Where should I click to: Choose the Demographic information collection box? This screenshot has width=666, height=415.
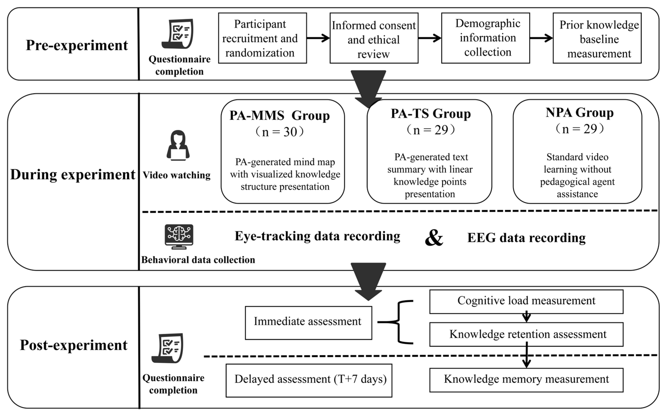[485, 38]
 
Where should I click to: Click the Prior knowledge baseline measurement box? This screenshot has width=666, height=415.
[597, 38]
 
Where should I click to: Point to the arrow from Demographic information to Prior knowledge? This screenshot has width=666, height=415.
[541, 38]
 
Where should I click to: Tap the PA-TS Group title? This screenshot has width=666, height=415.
[431, 114]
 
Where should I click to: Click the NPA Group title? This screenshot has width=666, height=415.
[579, 113]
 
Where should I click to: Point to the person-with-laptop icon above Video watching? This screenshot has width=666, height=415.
[178, 145]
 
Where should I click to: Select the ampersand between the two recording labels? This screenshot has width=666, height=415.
[434, 238]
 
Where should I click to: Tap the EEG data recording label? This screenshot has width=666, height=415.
[526, 238]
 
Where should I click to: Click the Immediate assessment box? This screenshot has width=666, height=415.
[308, 323]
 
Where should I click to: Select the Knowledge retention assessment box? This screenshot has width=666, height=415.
[526, 334]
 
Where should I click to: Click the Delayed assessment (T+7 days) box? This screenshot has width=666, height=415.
[309, 380]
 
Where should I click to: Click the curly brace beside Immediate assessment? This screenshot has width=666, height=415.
[401, 322]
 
